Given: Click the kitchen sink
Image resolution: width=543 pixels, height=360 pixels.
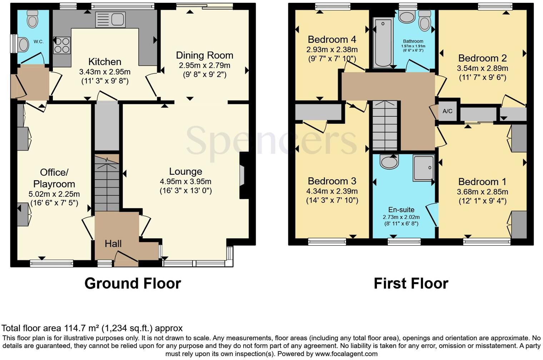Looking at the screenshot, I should [x=110, y=19].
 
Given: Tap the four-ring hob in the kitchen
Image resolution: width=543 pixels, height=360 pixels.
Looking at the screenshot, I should [x=62, y=45].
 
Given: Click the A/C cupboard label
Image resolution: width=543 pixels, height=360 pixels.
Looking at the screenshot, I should [x=447, y=111].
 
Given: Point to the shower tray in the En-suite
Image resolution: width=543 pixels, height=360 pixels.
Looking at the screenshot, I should [x=424, y=167].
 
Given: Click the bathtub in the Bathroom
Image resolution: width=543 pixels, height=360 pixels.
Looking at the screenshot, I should [x=383, y=43].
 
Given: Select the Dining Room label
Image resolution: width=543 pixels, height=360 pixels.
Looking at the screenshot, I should [x=204, y=55].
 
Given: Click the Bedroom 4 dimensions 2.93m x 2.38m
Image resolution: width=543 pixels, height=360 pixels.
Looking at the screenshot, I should [x=332, y=50].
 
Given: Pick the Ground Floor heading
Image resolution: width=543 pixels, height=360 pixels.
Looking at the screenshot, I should [x=133, y=283].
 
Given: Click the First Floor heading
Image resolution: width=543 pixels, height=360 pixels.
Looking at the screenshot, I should [x=411, y=284].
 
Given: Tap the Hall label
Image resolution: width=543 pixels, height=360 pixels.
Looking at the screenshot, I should [x=113, y=244].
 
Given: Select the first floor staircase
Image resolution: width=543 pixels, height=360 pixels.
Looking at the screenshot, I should [x=385, y=125].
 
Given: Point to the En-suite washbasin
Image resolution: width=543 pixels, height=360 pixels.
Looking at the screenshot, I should [x=389, y=162].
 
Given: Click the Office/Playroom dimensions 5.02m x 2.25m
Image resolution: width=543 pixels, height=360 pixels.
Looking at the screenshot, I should [x=54, y=194].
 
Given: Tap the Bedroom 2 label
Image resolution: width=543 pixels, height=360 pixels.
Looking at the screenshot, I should [x=482, y=58].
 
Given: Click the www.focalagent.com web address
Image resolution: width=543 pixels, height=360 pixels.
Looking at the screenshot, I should [x=346, y=354].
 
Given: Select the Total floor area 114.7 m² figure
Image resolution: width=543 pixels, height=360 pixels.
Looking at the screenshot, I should [x=92, y=328].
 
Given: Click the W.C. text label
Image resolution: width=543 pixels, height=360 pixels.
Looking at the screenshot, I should [x=39, y=41].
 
